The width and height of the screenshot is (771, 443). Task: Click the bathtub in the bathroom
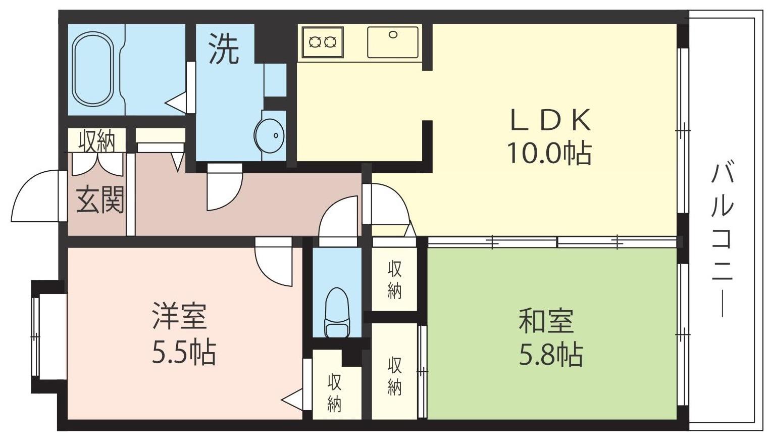[x=93, y=69]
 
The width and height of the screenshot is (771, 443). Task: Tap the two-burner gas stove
[x=323, y=42]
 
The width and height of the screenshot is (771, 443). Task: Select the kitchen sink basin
[x=393, y=42]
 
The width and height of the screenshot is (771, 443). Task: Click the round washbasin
[x=270, y=136]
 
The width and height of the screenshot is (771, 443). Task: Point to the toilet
[x=337, y=312]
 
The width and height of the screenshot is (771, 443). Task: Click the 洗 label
[x=224, y=51]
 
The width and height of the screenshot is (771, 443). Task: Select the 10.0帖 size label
[x=549, y=153]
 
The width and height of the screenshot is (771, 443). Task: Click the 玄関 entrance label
[x=100, y=200]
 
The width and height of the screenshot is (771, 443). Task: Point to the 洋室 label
[x=180, y=316]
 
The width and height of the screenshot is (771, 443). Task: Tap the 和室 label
[x=546, y=321]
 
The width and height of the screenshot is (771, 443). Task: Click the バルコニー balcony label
[x=722, y=240]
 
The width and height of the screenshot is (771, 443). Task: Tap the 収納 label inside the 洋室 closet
[x=334, y=393]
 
